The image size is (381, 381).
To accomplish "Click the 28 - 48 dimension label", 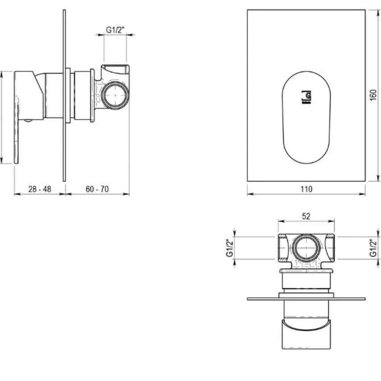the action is tap(40, 189).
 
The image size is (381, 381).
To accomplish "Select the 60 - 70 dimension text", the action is tap(97, 189).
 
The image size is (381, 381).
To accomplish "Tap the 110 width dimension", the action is tap(306, 189).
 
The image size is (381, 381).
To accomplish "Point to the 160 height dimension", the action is tap(373, 95).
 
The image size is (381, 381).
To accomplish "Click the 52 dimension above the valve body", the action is tap(306, 216).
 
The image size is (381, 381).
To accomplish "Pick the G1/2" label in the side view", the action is tap(115, 30).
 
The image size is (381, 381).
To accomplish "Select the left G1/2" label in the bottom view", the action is tap(230, 248).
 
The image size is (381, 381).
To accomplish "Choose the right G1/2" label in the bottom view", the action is tap(373, 248).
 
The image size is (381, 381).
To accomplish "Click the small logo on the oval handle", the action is tap(306, 97).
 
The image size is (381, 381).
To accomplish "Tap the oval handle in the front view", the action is tap(306, 117).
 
